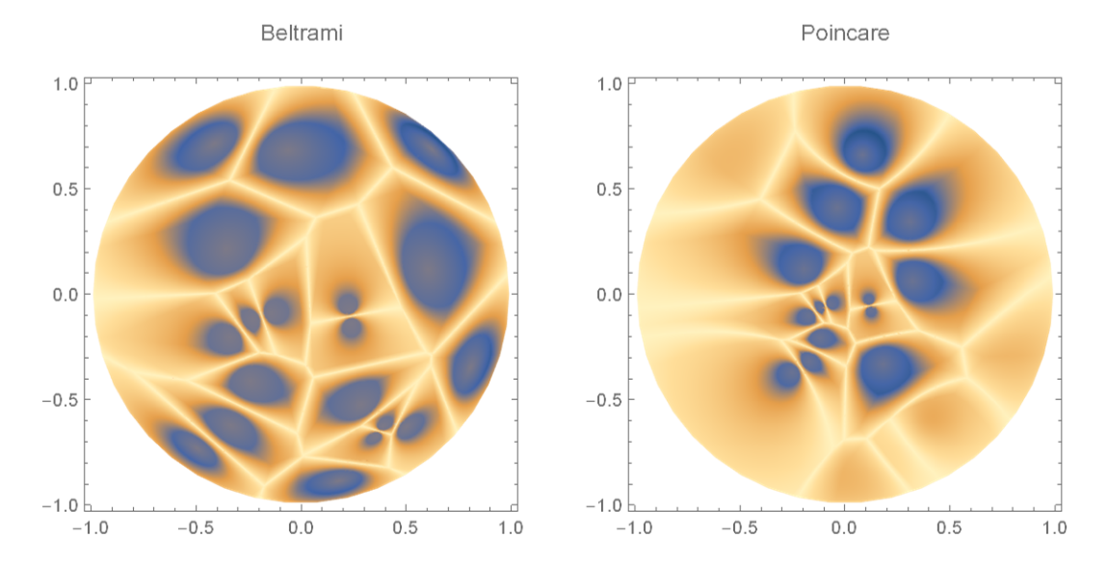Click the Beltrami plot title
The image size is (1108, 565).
coord(302,33)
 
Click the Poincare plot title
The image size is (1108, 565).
coord(845,33)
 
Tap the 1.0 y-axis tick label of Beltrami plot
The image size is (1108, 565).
coord(65,84)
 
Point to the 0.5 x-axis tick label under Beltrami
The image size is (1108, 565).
coord(406,528)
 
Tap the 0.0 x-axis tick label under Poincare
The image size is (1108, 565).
coord(845,528)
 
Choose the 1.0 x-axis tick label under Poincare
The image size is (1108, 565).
coord(1055,528)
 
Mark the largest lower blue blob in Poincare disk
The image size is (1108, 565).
coord(884,370)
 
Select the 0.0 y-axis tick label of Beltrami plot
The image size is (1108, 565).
coord(65,294)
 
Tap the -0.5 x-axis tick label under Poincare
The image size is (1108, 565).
coord(737,528)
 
